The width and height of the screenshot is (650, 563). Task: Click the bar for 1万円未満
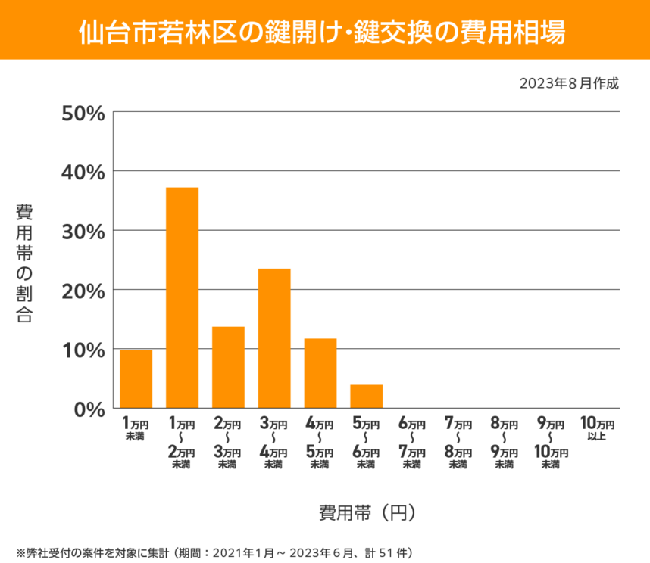(x=136, y=378)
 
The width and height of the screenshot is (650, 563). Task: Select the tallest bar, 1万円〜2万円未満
(x=182, y=297)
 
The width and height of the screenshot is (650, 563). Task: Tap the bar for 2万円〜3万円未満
(x=228, y=367)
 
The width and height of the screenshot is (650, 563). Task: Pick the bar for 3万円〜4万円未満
(x=274, y=338)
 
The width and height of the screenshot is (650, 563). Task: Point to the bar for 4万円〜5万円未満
(x=320, y=373)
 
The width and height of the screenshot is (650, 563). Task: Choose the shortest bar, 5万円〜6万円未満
(x=367, y=397)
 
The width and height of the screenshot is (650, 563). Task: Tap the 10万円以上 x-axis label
(x=596, y=430)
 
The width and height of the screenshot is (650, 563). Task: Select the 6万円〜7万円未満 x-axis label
(x=412, y=443)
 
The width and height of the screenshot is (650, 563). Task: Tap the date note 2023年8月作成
(x=569, y=84)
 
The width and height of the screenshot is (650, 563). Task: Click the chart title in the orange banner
(x=324, y=31)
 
